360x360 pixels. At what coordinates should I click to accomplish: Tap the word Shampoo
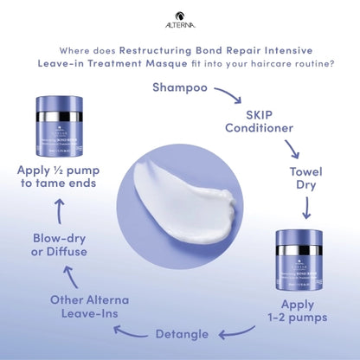click(179, 87)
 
